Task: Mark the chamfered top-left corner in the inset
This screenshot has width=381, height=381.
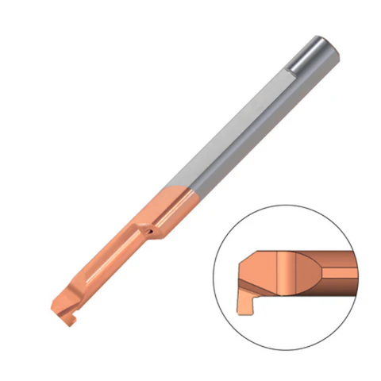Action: [244, 258]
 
